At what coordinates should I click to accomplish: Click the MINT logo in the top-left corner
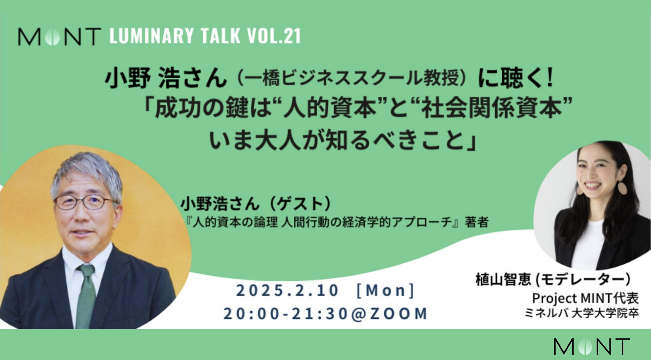coord(60,37)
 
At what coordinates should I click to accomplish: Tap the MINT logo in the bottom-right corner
coord(592,347)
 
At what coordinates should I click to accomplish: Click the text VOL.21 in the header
coord(274,36)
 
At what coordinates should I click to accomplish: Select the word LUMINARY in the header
coord(152,36)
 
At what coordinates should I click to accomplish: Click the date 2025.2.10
coord(287,290)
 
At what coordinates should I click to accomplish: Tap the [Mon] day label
coord(386,290)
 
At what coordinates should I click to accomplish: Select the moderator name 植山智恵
coord(503,280)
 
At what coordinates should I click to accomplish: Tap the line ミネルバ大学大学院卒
coord(581,313)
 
